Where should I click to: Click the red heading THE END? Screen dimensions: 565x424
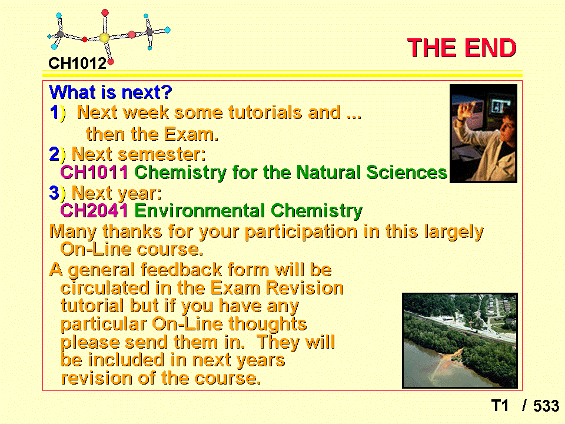point(461,48)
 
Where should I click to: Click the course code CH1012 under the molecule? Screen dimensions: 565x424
point(78,64)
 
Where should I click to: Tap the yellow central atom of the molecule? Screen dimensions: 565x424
point(105,38)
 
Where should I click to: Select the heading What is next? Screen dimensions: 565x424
point(111,92)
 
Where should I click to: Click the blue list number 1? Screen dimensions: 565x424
point(54,112)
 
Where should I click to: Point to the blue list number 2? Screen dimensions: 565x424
point(54,154)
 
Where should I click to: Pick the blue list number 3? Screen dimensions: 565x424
point(54,193)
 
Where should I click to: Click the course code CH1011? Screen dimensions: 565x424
point(94,173)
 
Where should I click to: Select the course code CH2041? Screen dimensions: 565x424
point(94,211)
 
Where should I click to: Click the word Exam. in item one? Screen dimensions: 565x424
point(191,134)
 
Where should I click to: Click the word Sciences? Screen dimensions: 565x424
point(407,173)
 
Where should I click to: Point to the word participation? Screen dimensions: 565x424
point(301,232)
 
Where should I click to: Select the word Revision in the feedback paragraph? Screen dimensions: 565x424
point(305,288)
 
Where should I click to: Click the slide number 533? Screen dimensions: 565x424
point(546,406)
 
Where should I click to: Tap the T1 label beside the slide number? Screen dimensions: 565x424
point(500,406)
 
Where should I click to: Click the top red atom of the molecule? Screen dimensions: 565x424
point(105,13)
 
